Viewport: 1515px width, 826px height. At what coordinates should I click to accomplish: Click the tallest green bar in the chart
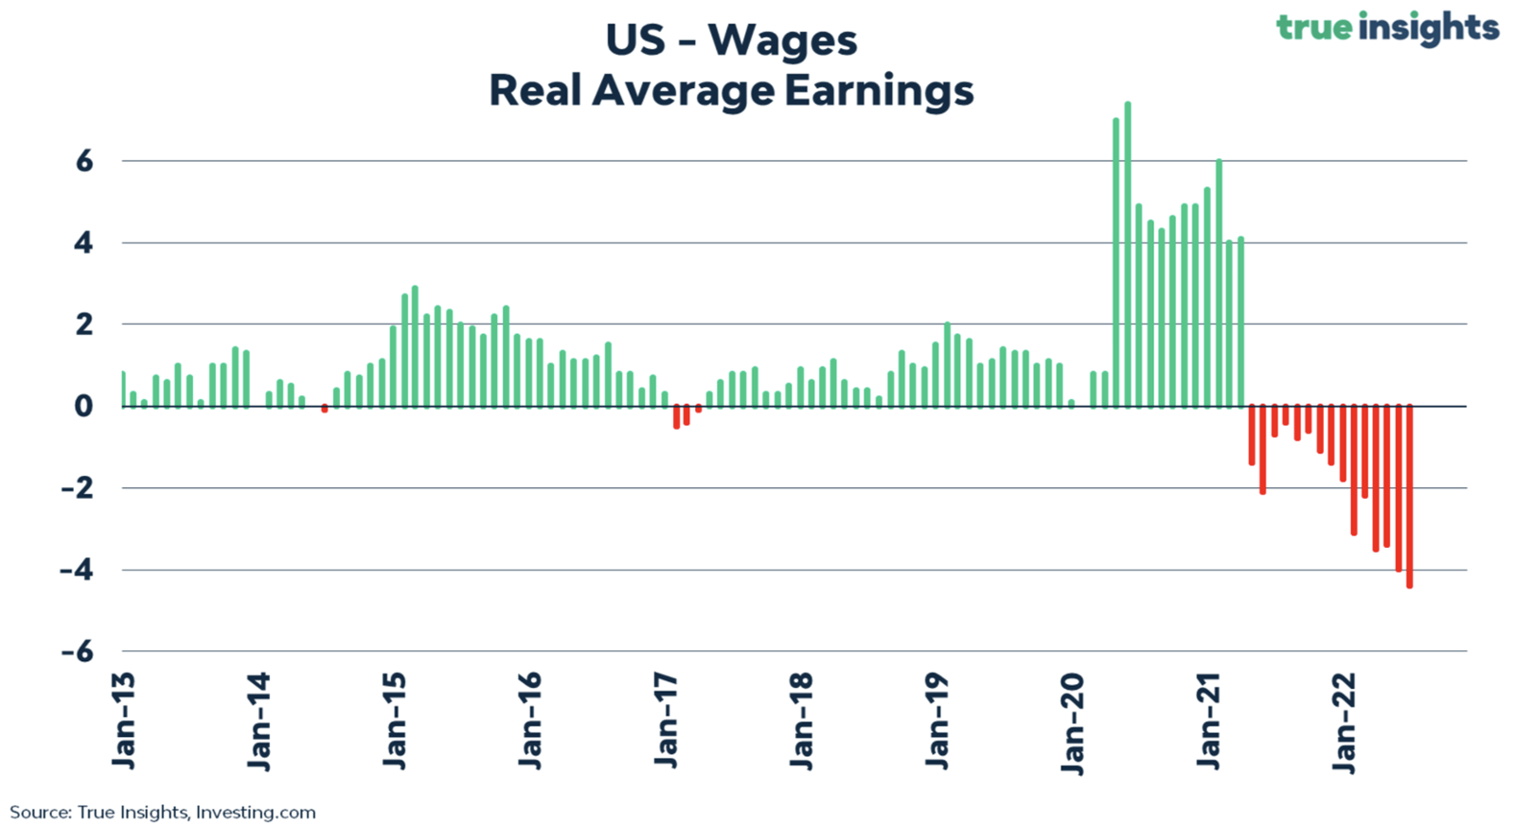[1128, 255]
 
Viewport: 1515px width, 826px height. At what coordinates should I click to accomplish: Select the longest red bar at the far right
[1410, 496]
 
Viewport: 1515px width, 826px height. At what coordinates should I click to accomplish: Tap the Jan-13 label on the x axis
[125, 721]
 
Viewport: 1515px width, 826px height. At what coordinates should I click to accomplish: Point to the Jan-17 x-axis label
[667, 721]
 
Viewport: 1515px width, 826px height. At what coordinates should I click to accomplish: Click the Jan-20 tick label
[1074, 724]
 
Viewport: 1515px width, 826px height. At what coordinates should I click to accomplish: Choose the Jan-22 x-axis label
[1345, 723]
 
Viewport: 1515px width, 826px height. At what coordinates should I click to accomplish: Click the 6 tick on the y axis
[84, 162]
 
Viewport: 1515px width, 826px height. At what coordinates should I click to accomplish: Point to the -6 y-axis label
[77, 652]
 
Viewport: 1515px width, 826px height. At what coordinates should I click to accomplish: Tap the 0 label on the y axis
[83, 407]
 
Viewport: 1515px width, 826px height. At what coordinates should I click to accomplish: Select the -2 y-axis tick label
[77, 488]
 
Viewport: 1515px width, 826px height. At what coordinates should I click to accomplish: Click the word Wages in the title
[782, 42]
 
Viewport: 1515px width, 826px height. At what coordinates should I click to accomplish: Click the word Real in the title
[535, 91]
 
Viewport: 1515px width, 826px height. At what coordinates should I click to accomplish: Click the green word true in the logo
[1314, 28]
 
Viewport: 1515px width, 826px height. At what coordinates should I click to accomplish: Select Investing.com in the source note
[256, 812]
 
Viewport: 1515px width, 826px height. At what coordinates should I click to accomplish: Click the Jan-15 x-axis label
[396, 721]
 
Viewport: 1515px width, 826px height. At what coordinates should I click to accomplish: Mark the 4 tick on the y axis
[83, 243]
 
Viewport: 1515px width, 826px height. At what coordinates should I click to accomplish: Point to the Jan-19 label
[937, 721]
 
